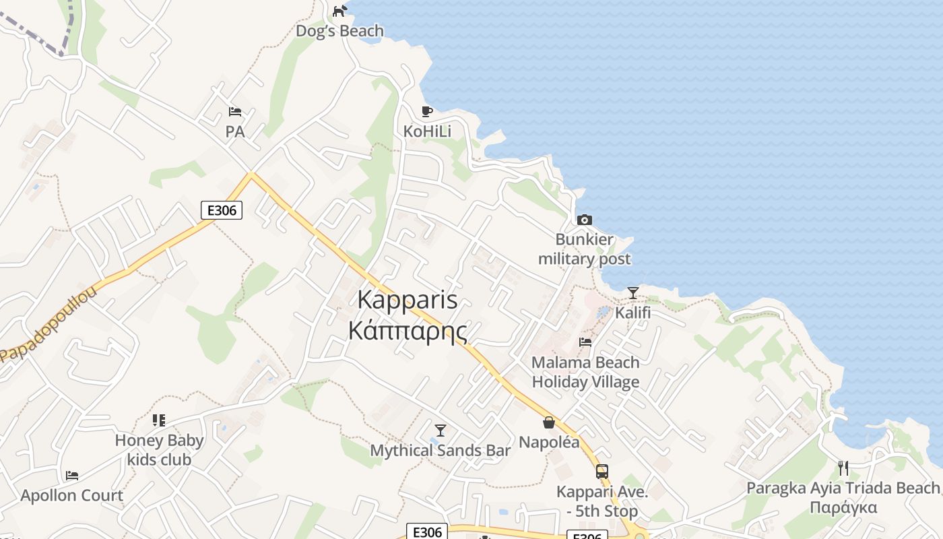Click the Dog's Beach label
(x=339, y=31)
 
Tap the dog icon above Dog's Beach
(x=340, y=11)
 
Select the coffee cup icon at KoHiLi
(x=426, y=111)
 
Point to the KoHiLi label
(x=427, y=131)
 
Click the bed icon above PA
(x=235, y=112)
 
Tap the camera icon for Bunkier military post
(x=585, y=220)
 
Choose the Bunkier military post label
(x=585, y=249)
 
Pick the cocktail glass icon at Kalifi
(x=633, y=293)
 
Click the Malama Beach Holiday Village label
(x=585, y=372)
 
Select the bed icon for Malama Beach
(x=585, y=342)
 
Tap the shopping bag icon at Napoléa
(x=549, y=422)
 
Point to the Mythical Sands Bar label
(x=441, y=450)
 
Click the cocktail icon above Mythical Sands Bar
(x=441, y=430)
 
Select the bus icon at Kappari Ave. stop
(x=602, y=472)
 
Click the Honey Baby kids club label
(x=159, y=450)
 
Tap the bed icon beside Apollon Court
(x=72, y=476)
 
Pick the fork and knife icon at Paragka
(x=843, y=468)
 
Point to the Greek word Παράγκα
(x=843, y=507)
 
